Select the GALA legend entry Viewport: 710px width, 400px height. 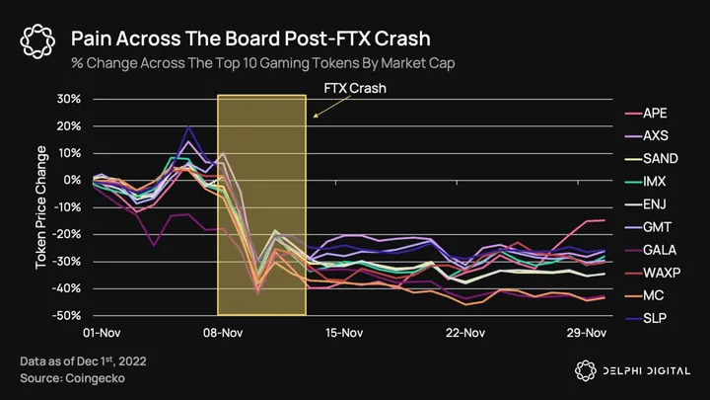click(x=659, y=250)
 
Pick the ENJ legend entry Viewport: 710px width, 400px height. click(x=654, y=204)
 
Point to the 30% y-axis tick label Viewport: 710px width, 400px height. click(x=68, y=99)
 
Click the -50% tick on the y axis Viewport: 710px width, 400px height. click(x=66, y=315)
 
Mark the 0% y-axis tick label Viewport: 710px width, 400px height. click(x=71, y=180)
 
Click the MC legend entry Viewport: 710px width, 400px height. click(x=652, y=295)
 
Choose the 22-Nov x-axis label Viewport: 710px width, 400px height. click(x=464, y=334)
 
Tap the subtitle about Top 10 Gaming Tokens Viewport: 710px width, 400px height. click(x=260, y=62)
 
